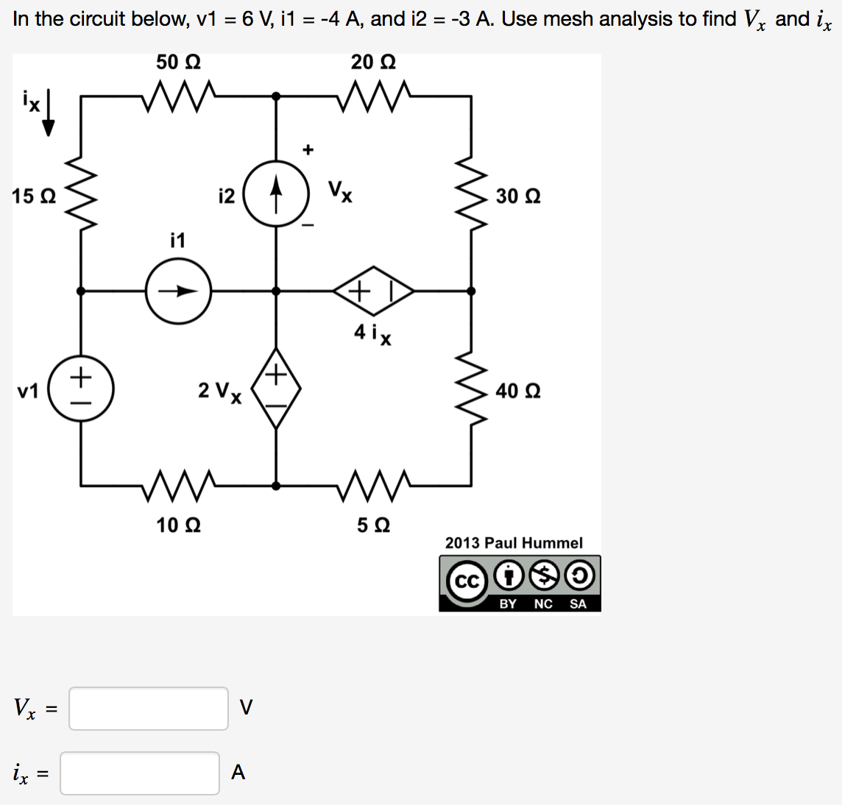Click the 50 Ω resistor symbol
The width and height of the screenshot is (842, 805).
coord(178,96)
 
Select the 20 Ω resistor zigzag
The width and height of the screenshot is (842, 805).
coord(373,96)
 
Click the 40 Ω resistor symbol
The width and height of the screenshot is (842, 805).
coord(472,390)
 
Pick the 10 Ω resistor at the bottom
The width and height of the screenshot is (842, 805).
coord(178,485)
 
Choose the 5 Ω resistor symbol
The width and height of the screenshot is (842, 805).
coord(373,485)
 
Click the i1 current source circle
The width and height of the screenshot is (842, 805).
coord(178,291)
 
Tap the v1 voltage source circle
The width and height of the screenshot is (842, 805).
coord(80,389)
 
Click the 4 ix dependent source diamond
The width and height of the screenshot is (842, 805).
coord(373,291)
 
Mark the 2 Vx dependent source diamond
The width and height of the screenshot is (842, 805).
coord(276,389)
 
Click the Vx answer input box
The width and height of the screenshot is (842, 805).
coord(149,709)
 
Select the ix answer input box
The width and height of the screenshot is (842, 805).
coord(140,773)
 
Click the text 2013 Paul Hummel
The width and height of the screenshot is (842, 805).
coord(513,543)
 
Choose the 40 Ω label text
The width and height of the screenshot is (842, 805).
coord(517,391)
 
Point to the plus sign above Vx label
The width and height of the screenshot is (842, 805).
coord(308,150)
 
